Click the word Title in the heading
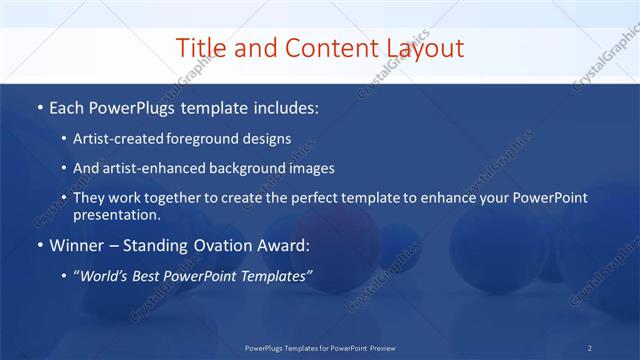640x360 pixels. click(x=201, y=48)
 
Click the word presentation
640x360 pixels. click(x=115, y=214)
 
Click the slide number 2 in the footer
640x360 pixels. click(x=590, y=347)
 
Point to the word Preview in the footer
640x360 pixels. click(x=377, y=347)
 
